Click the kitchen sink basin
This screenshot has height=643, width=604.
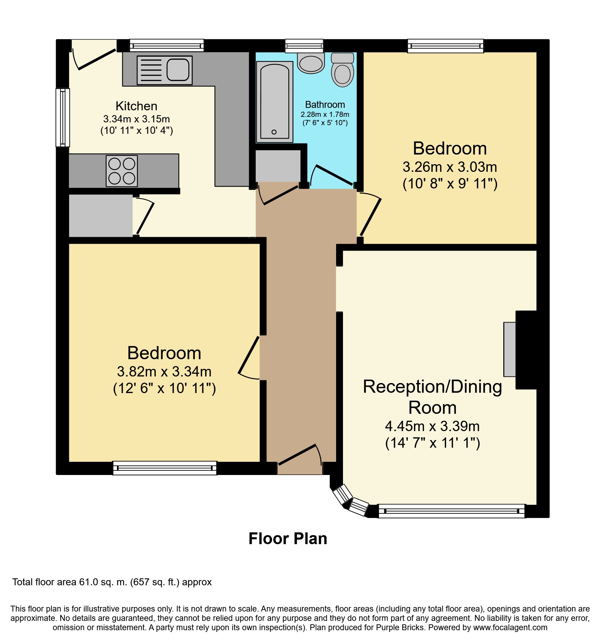click(178, 69)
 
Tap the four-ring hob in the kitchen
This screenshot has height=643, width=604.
click(122, 171)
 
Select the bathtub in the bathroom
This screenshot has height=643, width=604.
click(274, 102)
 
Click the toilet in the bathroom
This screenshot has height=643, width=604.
click(342, 69)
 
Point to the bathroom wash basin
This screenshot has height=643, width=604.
click(311, 63)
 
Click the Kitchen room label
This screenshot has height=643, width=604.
click(136, 106)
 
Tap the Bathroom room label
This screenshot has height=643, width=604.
click(325, 104)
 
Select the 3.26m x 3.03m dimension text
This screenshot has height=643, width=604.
click(450, 167)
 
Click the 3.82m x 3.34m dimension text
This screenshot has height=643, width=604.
click(164, 372)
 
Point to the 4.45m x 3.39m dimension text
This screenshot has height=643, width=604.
click(432, 426)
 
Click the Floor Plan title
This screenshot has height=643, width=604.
click(288, 539)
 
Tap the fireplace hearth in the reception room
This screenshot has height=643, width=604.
click(510, 349)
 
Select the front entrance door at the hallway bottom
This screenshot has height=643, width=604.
click(300, 455)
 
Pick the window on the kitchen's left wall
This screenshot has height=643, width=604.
click(63, 118)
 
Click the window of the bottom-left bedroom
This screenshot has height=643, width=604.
click(165, 468)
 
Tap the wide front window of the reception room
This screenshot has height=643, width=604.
click(452, 511)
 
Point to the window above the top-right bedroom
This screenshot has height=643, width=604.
click(445, 46)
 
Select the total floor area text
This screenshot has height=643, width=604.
click(112, 582)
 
